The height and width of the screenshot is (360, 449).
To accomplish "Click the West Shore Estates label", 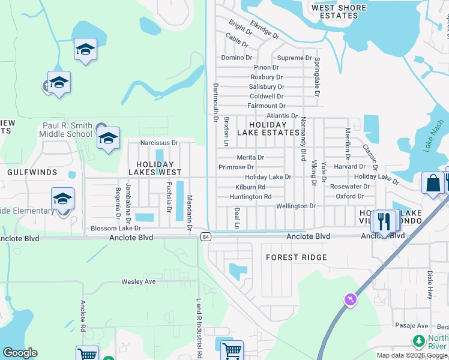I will tap(339, 11).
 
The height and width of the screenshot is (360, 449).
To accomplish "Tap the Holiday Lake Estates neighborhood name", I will tap(268, 128).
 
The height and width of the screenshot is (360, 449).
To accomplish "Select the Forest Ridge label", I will tap(297, 257).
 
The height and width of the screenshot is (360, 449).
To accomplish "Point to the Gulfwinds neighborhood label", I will tap(32, 172).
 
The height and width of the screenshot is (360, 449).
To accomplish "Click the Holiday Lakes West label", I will tap(155, 168).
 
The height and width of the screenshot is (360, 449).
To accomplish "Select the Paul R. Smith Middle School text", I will tap(67, 130).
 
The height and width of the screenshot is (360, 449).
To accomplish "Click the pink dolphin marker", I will tap(350, 299).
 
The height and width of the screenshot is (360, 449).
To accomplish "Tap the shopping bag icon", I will tap(432, 182).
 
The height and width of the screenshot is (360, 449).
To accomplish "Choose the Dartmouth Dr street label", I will tap(215, 102).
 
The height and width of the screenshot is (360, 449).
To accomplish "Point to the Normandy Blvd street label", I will tap(304, 138).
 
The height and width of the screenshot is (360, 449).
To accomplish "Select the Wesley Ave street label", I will tap(139, 281).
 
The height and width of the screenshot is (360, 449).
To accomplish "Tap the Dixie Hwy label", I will tap(430, 285).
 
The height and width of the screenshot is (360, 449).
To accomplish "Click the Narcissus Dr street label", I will tap(159, 143).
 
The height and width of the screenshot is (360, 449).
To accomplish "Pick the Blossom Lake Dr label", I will tap(115, 229).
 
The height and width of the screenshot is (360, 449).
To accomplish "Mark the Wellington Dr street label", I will tap(295, 206).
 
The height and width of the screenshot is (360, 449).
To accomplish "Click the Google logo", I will tap(20, 353).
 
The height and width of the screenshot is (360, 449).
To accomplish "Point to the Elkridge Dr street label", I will tap(265, 28).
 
